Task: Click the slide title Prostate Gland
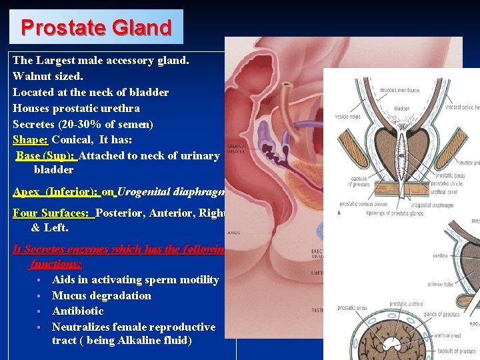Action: pos(97,27)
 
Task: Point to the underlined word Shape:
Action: pos(30,140)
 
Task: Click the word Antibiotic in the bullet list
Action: pos(77,311)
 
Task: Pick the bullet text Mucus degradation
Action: pos(101,295)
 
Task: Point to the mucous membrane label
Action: pos(399,90)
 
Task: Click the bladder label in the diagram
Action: pos(402,108)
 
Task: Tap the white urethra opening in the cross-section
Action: pos(397,346)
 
